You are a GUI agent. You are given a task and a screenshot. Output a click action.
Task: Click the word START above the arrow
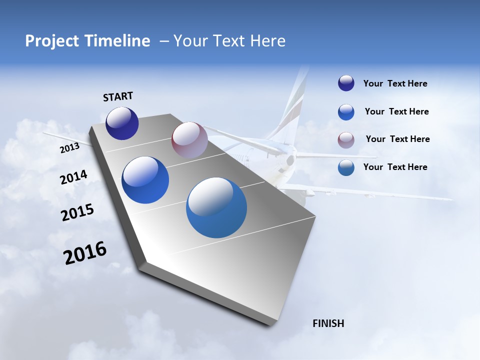click(118, 96)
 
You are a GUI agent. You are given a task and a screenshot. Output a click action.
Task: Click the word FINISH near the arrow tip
click(328, 323)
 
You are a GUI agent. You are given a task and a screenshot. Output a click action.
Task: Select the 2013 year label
click(69, 148)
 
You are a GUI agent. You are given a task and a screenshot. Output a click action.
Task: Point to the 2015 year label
click(77, 212)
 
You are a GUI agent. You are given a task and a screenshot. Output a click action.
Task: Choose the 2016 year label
click(85, 253)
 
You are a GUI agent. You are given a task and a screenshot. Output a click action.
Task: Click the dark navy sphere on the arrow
click(122, 123)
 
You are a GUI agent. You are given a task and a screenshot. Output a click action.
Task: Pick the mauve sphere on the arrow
click(189, 140)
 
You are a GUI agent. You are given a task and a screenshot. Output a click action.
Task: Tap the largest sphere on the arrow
click(216, 207)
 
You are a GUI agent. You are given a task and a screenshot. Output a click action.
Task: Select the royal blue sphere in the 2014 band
click(145, 180)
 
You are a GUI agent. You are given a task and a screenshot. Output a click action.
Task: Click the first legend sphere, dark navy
click(346, 83)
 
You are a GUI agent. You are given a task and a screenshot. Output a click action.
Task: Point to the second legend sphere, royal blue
click(346, 112)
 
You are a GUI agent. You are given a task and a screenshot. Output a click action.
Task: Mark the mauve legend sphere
click(346, 140)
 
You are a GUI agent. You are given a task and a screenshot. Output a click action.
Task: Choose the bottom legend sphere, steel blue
click(346, 167)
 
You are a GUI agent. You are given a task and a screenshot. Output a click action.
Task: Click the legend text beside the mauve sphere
click(397, 139)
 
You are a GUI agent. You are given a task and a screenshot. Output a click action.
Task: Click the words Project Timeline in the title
click(87, 41)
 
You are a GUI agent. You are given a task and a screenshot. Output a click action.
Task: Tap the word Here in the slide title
click(267, 41)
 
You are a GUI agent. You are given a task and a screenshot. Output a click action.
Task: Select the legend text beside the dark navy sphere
click(395, 83)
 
